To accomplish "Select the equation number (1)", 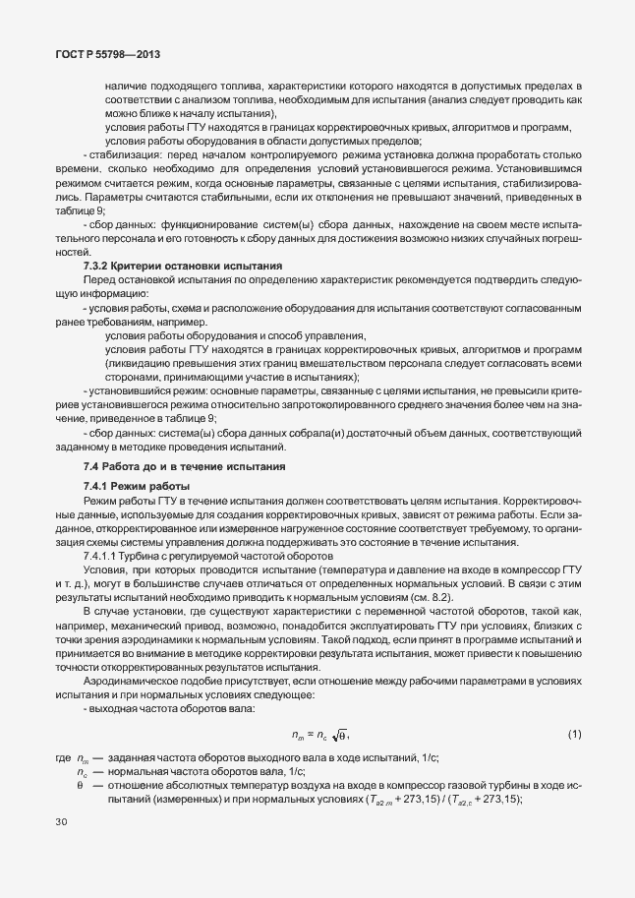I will click(x=575, y=735).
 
